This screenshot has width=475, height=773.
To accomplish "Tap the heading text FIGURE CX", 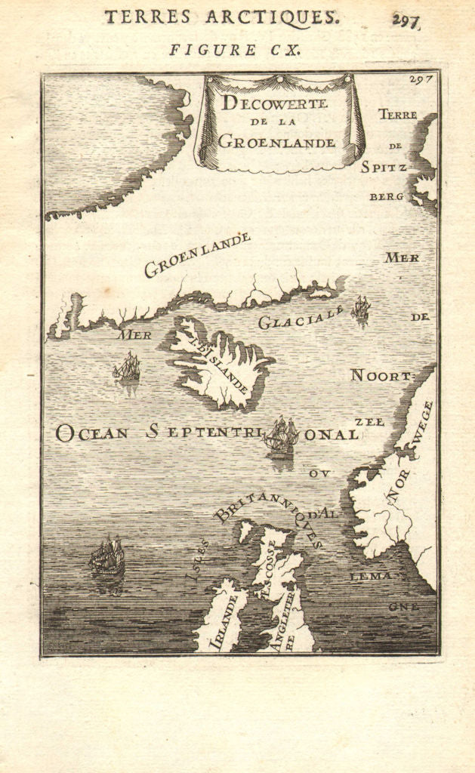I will pyautogui.click(x=236, y=50).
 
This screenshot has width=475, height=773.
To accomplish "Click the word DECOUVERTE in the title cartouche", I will pyautogui.click(x=274, y=104).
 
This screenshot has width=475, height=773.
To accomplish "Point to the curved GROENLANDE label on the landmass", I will pyautogui.click(x=197, y=254).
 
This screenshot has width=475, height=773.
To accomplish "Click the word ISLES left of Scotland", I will pyautogui.click(x=197, y=562).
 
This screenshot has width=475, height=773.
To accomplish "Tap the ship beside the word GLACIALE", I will pyautogui.click(x=360, y=308).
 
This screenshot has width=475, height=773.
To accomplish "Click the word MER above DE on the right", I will pyautogui.click(x=402, y=257).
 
